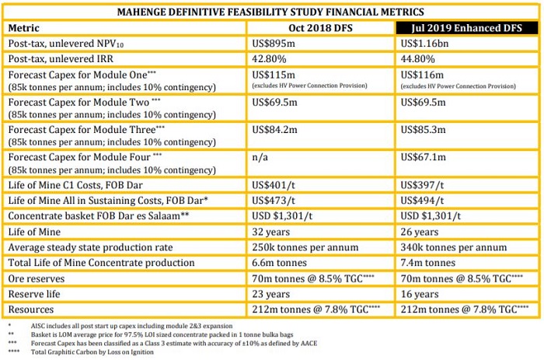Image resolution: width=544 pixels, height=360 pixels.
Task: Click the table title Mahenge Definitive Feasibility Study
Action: click(x=270, y=12)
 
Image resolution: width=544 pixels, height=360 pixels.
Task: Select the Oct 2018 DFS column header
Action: click(x=320, y=27)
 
